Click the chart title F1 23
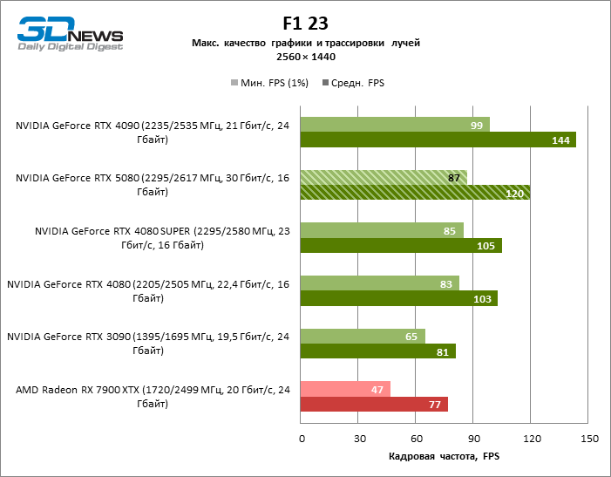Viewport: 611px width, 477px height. tap(305, 23)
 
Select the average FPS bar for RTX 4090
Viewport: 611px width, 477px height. tap(438, 140)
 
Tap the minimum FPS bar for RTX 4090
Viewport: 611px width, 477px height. tap(395, 125)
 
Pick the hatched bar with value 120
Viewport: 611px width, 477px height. tap(415, 193)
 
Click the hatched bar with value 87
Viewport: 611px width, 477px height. tap(384, 178)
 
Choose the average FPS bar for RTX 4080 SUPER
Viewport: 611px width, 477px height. tap(401, 246)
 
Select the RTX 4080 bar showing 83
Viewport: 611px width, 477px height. tap(379, 283)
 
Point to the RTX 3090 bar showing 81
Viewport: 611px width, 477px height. tap(377, 351)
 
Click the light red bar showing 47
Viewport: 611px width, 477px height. tap(345, 389)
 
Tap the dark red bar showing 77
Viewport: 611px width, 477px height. tap(374, 404)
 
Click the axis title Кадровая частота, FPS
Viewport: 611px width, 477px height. tap(444, 457)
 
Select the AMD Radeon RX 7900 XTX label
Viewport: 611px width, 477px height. tap(152, 397)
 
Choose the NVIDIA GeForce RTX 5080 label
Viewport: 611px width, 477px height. tap(152, 185)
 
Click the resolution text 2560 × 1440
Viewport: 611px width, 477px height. tap(305, 57)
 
